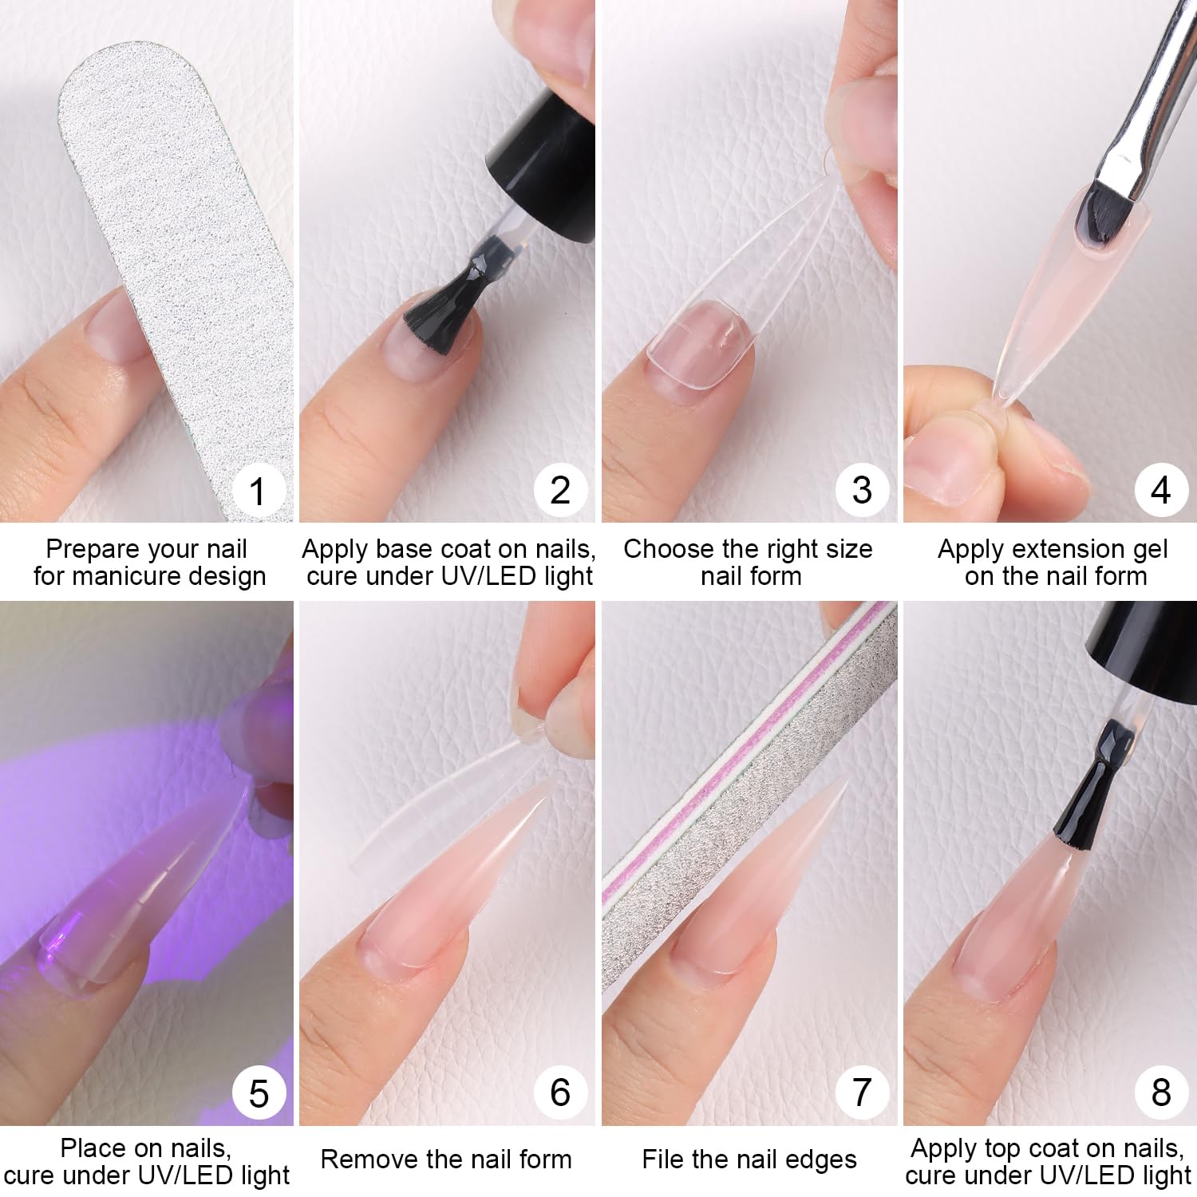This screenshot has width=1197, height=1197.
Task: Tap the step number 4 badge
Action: tap(1161, 489)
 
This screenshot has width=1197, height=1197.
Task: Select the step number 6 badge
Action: tap(560, 1092)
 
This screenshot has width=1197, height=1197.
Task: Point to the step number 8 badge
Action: tap(1161, 1092)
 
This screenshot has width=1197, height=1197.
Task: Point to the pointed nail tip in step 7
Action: tap(844, 780)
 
